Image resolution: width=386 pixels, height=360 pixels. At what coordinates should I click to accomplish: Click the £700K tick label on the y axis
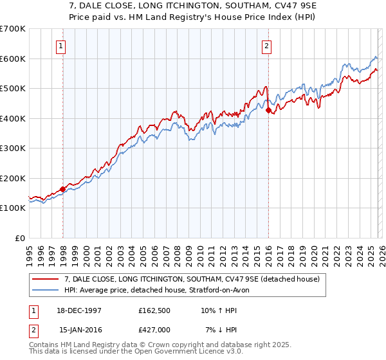coord(13,29)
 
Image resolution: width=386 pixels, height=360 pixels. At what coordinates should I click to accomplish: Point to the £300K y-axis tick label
coord(13,148)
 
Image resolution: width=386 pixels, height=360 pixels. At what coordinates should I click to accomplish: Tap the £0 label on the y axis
coord(20,238)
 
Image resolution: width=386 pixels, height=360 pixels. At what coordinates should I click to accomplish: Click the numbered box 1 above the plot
coord(60,46)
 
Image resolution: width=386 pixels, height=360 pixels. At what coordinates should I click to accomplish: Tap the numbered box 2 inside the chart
coord(266,46)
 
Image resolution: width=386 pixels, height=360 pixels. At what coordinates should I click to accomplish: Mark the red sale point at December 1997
coord(62,190)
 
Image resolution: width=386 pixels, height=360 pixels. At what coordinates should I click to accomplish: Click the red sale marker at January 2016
coord(268,111)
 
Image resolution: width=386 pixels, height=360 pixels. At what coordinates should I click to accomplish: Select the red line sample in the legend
coord(46,278)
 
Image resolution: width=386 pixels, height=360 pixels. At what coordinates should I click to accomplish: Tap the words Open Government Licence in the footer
coord(161,353)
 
